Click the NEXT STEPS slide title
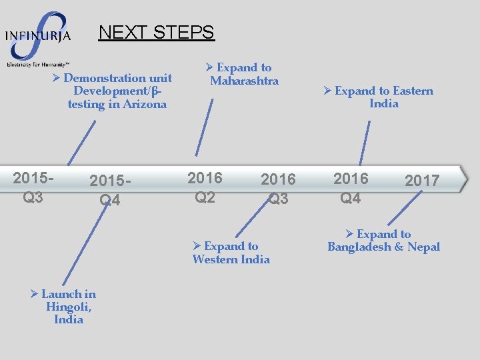pyautogui.click(x=156, y=32)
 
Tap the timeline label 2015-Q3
pyautogui.click(x=33, y=187)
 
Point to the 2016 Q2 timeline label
pyautogui.click(x=205, y=187)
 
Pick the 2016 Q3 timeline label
pyautogui.click(x=278, y=189)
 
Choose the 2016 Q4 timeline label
pyautogui.click(x=351, y=188)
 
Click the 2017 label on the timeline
pyautogui.click(x=422, y=180)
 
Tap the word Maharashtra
pyautogui.click(x=244, y=81)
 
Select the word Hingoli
pyautogui.click(x=69, y=307)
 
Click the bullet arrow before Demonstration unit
pyautogui.click(x=57, y=79)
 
